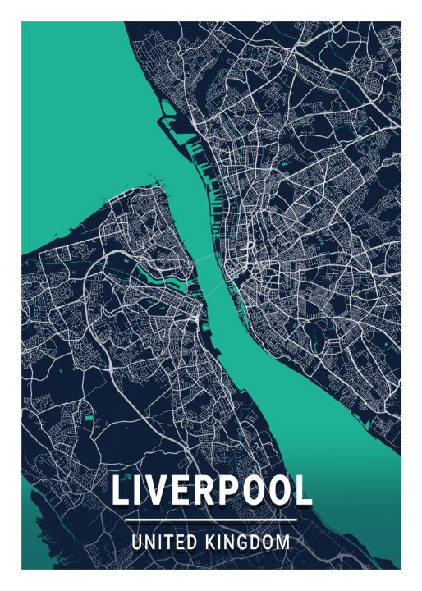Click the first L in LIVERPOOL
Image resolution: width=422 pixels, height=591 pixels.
pyautogui.click(x=121, y=491)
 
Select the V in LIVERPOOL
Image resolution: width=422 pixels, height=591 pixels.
pyautogui.click(x=158, y=491)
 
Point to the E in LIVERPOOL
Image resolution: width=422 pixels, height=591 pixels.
pyautogui.click(x=181, y=491)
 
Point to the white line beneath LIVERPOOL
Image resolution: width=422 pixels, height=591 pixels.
pyautogui.click(x=211, y=520)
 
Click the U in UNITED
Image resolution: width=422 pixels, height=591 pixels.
pyautogui.click(x=136, y=543)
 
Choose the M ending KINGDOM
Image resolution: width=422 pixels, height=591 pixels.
pyautogui.click(x=283, y=543)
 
